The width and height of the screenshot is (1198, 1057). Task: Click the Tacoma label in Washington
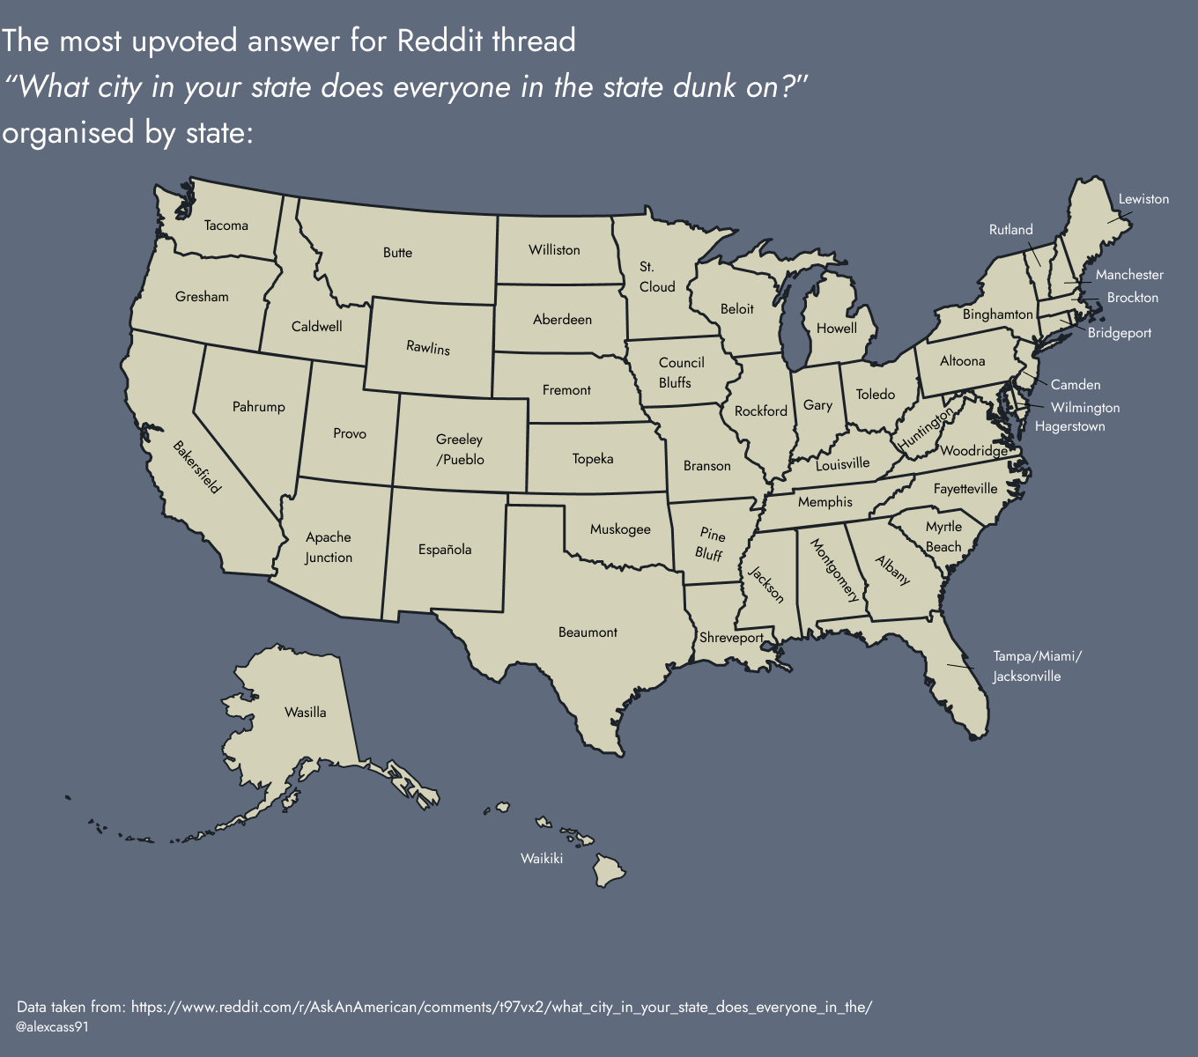tap(226, 225)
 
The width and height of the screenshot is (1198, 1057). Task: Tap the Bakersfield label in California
tap(196, 467)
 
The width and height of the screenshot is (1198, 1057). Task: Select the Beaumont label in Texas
tap(588, 632)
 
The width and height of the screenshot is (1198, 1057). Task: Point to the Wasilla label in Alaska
tap(305, 713)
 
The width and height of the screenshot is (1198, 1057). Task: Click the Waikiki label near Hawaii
tap(541, 859)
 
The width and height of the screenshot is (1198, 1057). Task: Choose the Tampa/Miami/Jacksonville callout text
tap(1036, 667)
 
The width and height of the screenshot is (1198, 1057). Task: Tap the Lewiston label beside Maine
tap(1143, 199)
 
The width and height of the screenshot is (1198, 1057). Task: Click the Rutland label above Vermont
tap(1010, 230)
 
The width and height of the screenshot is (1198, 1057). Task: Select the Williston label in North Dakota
tap(554, 250)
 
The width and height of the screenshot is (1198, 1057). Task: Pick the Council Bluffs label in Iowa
tap(680, 373)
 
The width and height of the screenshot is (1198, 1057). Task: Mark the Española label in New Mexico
tap(445, 550)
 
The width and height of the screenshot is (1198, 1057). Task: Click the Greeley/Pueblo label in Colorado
tap(460, 449)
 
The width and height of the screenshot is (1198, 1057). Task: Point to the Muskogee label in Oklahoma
tap(620, 529)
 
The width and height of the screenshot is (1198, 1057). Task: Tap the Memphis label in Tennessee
tap(825, 502)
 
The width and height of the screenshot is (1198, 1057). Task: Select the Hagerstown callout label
tap(1069, 426)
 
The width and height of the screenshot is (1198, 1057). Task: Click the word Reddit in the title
tap(440, 41)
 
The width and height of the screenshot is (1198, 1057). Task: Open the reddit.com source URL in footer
tap(501, 1007)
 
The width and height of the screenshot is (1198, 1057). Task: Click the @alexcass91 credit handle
tap(52, 1027)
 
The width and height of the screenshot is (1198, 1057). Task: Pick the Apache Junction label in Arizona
tap(329, 547)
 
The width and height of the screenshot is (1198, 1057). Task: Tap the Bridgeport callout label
tap(1119, 333)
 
